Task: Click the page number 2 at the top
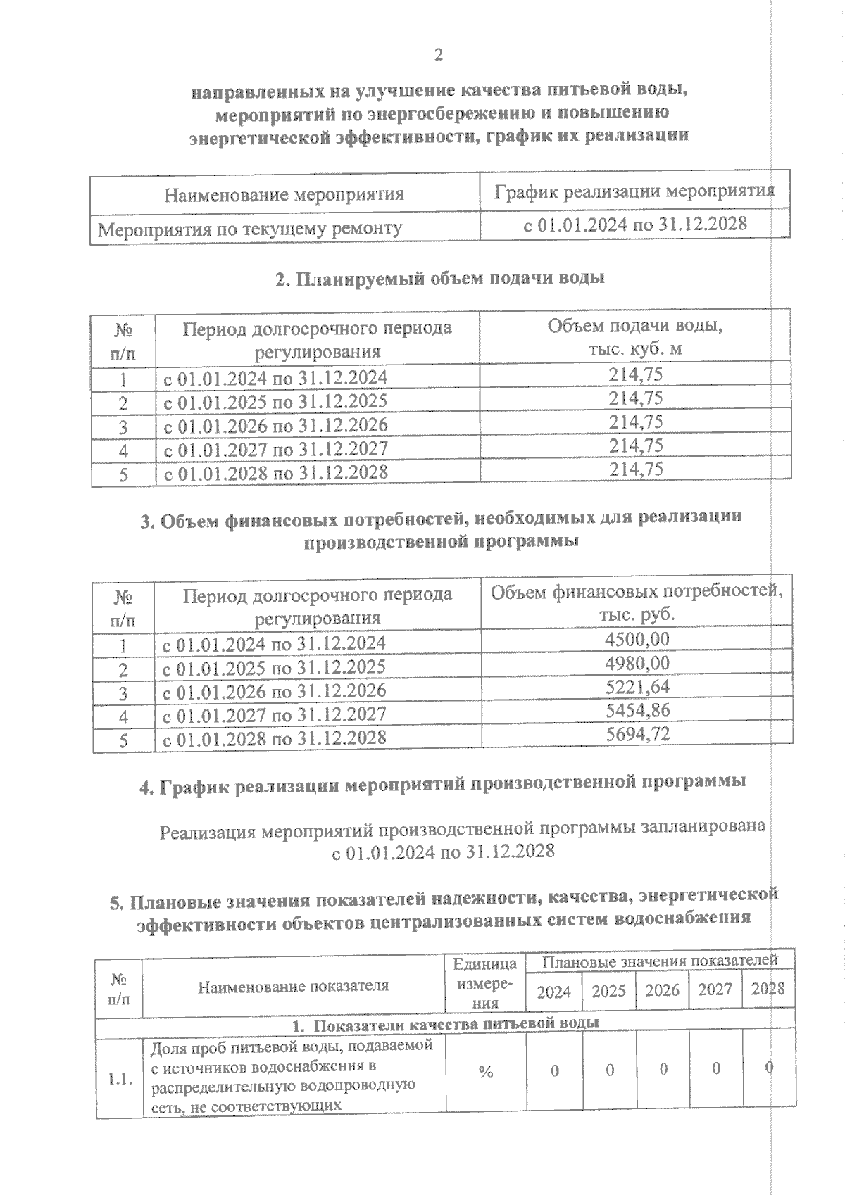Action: click(439, 55)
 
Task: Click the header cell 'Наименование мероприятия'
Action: click(284, 194)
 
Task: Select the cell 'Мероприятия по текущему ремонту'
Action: click(250, 229)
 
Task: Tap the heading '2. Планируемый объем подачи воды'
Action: click(439, 279)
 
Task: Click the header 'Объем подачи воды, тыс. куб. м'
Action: click(635, 338)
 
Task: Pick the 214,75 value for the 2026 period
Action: click(636, 422)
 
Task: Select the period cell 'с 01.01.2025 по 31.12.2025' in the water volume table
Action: click(275, 402)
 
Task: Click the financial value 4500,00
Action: click(637, 639)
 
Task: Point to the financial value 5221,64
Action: click(637, 687)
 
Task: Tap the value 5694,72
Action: click(637, 735)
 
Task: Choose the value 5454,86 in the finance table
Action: click(637, 711)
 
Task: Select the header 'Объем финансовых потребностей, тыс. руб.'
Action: click(637, 603)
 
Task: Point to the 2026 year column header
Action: click(662, 992)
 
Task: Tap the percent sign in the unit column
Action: click(486, 1072)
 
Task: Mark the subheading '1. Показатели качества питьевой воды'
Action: click(446, 1023)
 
